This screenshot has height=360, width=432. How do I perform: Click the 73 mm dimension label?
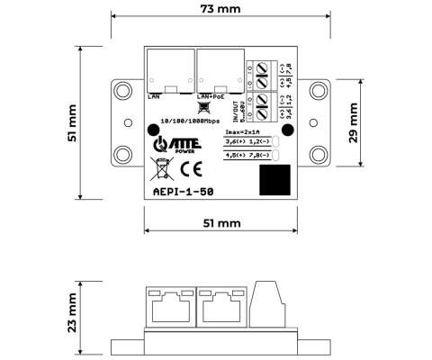pos(217,10)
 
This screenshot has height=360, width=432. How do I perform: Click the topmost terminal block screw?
pos(264,67)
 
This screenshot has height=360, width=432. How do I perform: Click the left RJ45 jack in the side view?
pos(167,308)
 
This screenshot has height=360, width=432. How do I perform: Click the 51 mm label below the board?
pos(217,221)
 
